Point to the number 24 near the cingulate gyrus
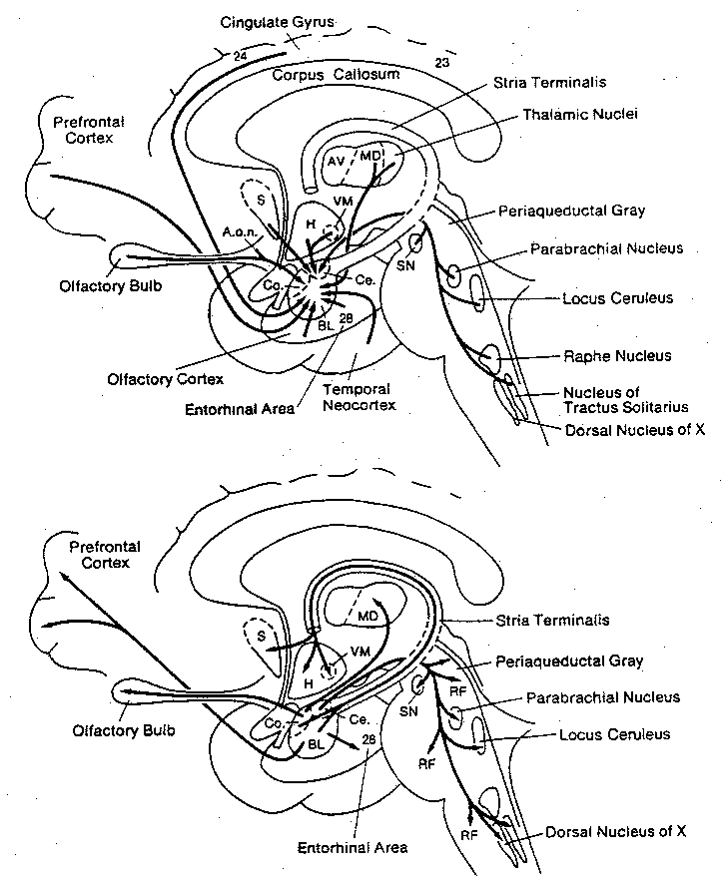(x=239, y=56)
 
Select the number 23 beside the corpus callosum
(x=442, y=63)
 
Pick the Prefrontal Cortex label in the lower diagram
(x=104, y=555)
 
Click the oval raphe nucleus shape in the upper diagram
(x=491, y=355)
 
